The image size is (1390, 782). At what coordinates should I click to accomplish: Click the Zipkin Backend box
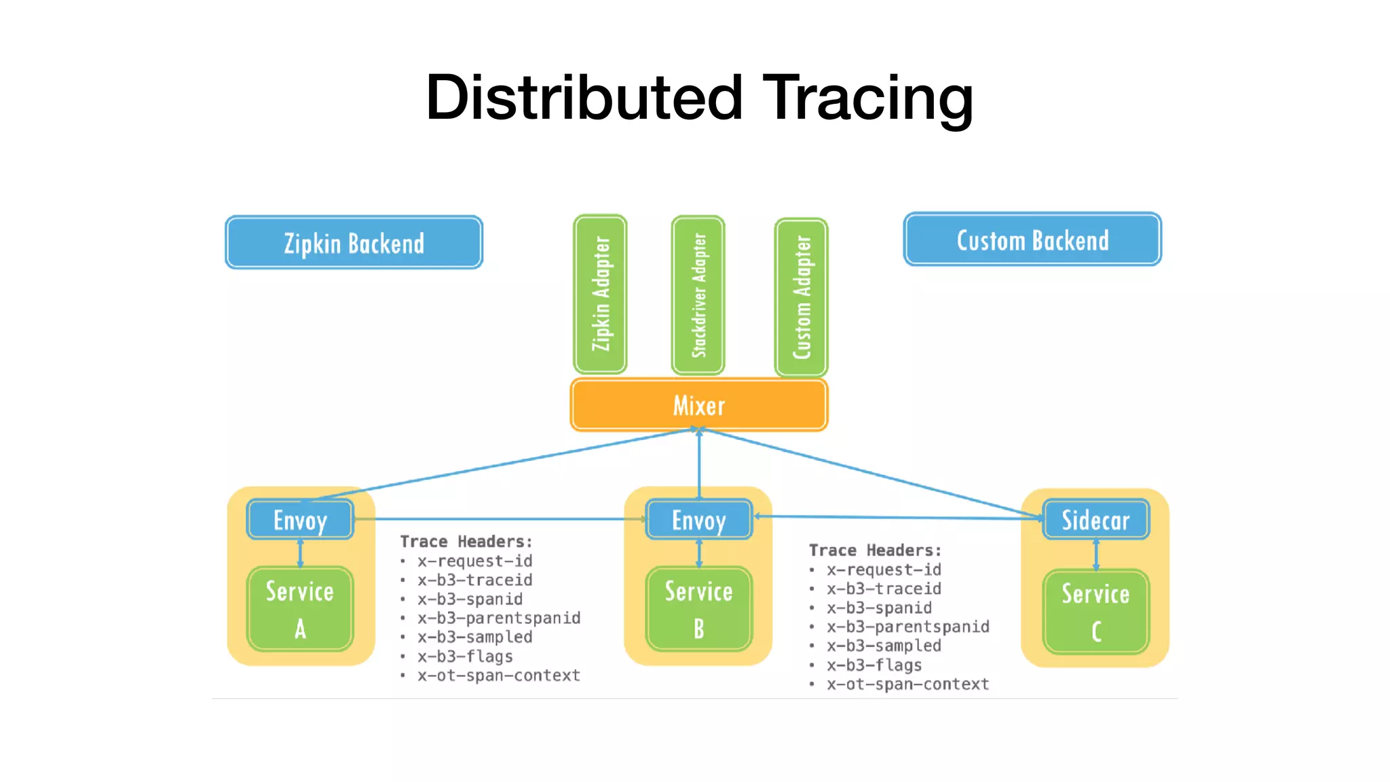click(x=354, y=243)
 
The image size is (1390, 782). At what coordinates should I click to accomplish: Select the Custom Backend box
click(x=1032, y=240)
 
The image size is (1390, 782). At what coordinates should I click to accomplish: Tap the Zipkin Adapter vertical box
click(x=600, y=294)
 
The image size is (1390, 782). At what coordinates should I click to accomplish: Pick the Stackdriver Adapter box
click(x=698, y=295)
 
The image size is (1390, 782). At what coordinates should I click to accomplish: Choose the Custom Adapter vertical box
click(x=801, y=297)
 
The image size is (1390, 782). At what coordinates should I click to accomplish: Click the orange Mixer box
click(x=699, y=405)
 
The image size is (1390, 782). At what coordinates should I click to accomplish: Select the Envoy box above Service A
click(x=300, y=520)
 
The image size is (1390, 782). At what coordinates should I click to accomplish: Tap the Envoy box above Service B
click(x=699, y=520)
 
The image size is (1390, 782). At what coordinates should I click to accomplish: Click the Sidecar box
click(x=1095, y=520)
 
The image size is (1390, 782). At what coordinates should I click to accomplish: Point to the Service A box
click(x=300, y=609)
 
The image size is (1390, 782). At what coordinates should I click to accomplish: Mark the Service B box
click(x=699, y=609)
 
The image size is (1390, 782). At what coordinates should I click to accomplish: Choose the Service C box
click(x=1095, y=612)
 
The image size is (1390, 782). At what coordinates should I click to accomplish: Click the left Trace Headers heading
click(x=466, y=542)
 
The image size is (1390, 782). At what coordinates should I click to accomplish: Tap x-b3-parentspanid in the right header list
click(x=907, y=627)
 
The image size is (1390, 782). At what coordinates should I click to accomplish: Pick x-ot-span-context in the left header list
click(x=499, y=675)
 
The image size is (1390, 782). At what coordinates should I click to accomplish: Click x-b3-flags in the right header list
click(x=874, y=665)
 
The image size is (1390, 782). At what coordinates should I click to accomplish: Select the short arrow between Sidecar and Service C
click(x=1095, y=555)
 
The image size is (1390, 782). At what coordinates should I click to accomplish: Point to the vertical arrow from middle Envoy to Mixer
click(x=699, y=465)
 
